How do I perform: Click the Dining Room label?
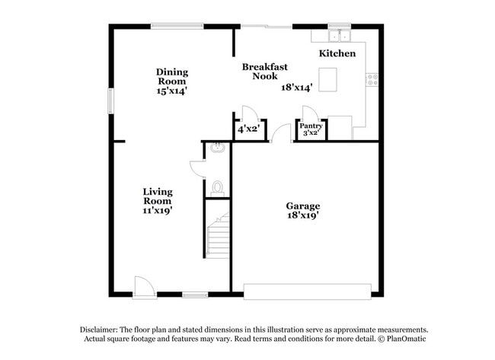click(x=172, y=77)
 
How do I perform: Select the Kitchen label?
click(x=337, y=53)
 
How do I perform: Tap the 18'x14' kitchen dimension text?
click(x=298, y=88)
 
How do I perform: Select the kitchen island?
click(x=327, y=79)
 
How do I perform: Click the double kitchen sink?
click(x=339, y=36)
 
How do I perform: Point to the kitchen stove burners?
click(x=372, y=78)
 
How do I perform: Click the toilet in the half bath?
click(x=217, y=186)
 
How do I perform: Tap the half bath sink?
click(x=216, y=148)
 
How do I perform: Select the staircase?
click(x=218, y=237)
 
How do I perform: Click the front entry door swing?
click(x=143, y=285)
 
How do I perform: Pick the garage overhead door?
click(x=307, y=292)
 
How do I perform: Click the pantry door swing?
click(x=311, y=113)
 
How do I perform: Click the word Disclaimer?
click(x=101, y=330)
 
